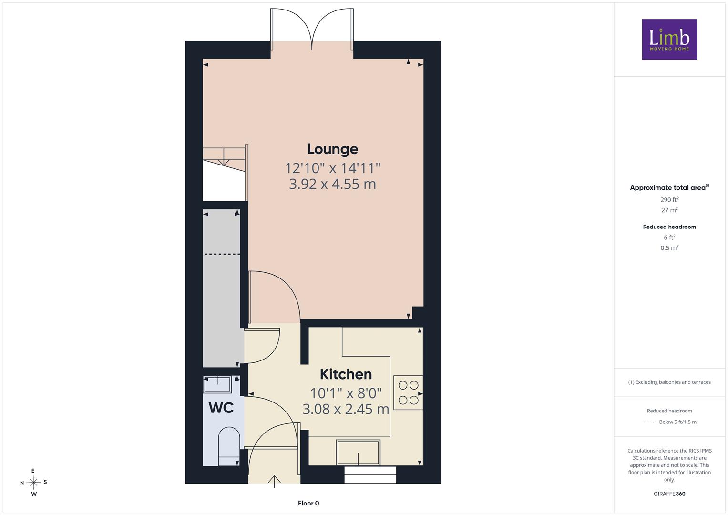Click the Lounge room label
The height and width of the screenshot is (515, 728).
tap(332, 150)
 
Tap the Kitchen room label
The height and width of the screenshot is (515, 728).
tap(346, 374)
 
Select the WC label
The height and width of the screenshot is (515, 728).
tap(221, 407)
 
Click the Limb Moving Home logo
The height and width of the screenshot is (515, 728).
tap(669, 39)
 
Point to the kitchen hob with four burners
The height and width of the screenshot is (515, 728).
tap(408, 392)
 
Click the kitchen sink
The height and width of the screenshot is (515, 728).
tap(358, 452)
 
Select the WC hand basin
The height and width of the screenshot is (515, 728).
tap(217, 385)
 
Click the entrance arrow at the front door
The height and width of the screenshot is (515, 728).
tap(274, 482)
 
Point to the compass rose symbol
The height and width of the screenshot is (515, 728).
tap(33, 482)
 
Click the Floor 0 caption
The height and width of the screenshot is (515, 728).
tap(308, 503)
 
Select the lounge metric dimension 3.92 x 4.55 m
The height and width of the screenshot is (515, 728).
tap(332, 184)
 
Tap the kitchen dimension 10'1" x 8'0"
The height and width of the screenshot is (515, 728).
tap(346, 393)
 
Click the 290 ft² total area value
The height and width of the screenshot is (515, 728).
tap(669, 200)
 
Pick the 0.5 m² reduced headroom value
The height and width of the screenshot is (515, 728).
tap(669, 248)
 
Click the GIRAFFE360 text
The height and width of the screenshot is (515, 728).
tap(669, 494)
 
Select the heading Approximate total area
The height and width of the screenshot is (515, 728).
tap(669, 187)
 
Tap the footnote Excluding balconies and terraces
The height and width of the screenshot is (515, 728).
tap(669, 382)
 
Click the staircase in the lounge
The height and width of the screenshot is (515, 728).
tap(225, 173)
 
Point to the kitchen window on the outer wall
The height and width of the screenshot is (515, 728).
tap(370, 475)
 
